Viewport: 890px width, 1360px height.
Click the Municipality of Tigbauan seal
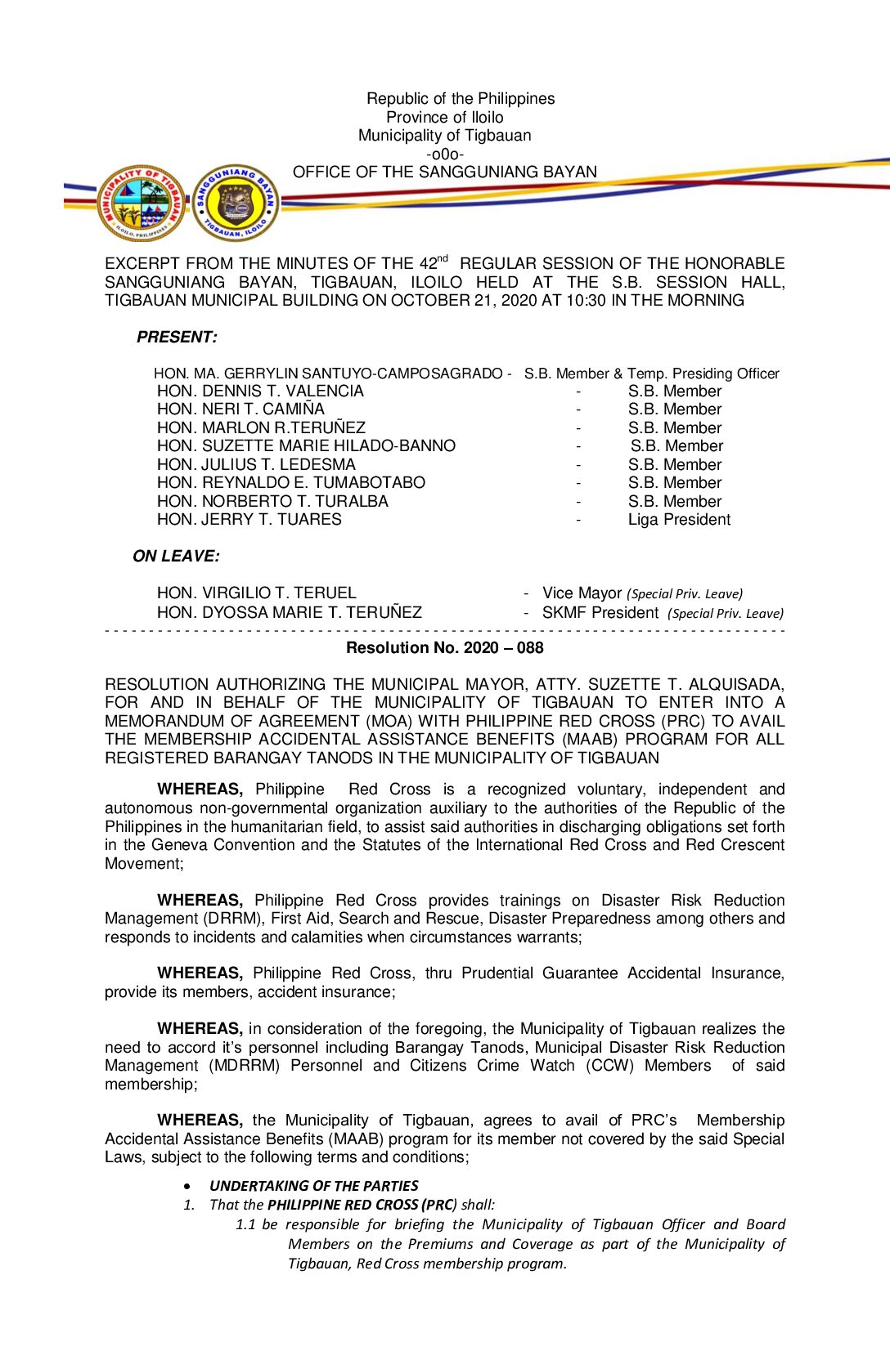pos(142,204)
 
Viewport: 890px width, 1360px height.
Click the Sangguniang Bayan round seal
pos(236,204)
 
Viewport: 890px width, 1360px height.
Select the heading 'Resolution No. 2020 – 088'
pos(444,648)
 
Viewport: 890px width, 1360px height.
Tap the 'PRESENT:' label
pos(177,337)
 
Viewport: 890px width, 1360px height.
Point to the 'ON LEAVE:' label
pos(176,557)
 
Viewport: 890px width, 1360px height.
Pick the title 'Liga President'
pos(679,520)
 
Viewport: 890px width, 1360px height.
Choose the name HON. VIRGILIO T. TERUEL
pos(256,593)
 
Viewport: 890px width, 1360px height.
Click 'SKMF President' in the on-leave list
pos(600,613)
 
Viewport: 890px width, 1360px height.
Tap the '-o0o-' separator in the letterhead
pos(444,154)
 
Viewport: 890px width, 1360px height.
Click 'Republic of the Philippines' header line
pos(460,99)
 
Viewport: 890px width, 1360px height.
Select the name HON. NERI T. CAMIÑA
pos(240,409)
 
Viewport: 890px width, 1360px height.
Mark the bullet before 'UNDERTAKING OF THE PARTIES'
pos(189,1186)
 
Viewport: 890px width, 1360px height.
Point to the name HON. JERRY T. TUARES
pos(249,520)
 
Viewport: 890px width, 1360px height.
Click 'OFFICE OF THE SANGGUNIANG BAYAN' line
pos(444,172)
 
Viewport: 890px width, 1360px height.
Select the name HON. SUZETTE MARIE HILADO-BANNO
pos(306,446)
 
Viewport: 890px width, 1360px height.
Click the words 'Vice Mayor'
pos(582,593)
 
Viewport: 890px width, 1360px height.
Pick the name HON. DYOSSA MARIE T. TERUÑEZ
pos(289,613)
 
